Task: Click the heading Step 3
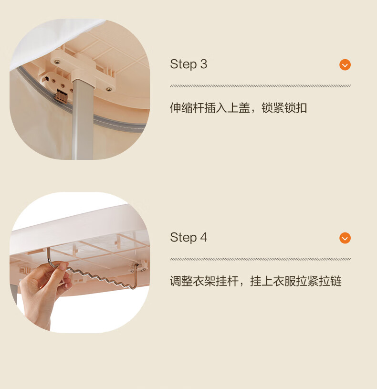(x=188, y=64)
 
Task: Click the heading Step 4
(x=188, y=237)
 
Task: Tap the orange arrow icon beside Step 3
(x=345, y=65)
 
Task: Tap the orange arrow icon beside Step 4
(x=345, y=238)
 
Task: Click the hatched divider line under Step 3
(x=260, y=86)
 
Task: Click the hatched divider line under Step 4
(x=260, y=259)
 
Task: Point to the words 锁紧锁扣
(x=284, y=108)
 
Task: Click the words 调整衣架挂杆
(x=204, y=281)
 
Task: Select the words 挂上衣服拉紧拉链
(x=296, y=281)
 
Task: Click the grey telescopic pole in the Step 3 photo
(x=83, y=119)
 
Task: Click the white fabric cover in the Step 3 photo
(x=50, y=40)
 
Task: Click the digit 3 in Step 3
(x=204, y=64)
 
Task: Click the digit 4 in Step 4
(x=204, y=237)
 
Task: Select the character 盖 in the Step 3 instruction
(x=244, y=108)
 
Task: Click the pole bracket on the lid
(x=83, y=71)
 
